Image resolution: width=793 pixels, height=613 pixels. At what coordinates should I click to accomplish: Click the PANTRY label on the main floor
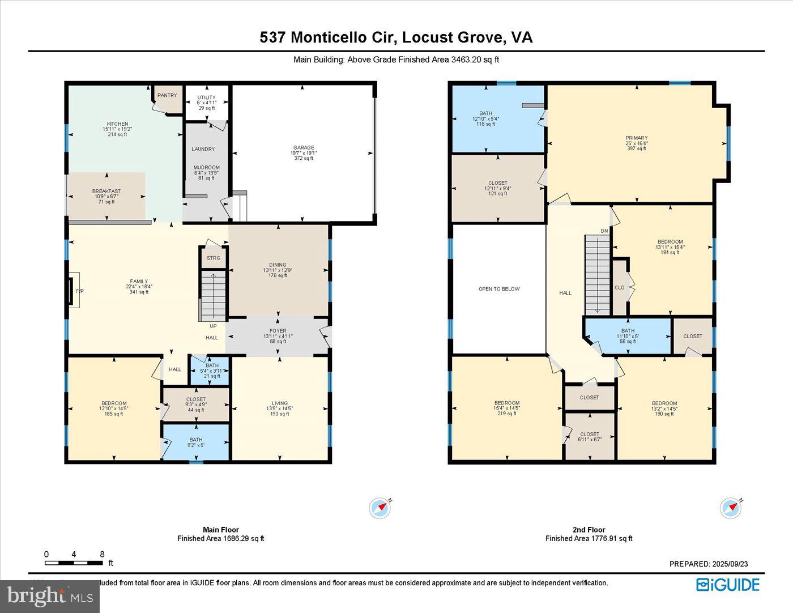pos(167,95)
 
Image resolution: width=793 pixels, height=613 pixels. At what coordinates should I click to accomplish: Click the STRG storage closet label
pos(214,258)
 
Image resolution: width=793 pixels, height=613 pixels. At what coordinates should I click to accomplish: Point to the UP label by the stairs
pos(213,326)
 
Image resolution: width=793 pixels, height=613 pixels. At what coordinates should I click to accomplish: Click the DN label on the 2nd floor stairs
pos(604,231)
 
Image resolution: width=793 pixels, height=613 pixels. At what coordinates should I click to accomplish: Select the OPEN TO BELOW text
pos(499,289)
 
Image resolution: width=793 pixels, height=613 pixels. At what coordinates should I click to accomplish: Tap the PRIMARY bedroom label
pos(637,138)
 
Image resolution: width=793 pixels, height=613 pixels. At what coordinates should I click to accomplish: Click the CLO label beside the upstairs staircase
pos(620,288)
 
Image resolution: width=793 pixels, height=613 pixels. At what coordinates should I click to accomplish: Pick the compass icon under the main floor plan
pos(380,508)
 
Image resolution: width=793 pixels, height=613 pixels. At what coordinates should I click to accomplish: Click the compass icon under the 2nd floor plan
pos(731,508)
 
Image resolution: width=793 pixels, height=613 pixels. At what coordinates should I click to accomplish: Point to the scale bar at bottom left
pos(74,563)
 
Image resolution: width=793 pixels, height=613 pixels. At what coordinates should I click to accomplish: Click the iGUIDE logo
pos(728,585)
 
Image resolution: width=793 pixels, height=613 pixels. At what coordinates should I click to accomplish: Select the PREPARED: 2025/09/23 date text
pos(709,564)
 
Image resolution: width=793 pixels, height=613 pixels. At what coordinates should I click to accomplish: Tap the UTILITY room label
pos(207,97)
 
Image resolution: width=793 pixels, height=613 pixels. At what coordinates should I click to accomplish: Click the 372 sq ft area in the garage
pos(304,159)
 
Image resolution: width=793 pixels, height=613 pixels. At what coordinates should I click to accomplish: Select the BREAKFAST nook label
pos(106,191)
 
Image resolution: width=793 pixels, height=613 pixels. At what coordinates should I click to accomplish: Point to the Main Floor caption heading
pos(221,530)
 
